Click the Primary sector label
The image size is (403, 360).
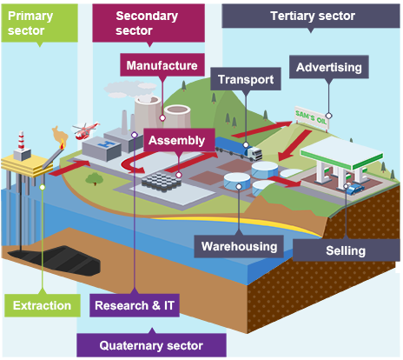(40, 23)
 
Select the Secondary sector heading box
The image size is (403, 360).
(149, 23)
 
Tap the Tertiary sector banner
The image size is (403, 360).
(311, 16)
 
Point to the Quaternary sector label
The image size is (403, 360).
(151, 345)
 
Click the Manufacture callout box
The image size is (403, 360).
(162, 65)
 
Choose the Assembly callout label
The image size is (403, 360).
(179, 140)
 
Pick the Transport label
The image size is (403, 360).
(246, 79)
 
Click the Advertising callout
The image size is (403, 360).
(329, 67)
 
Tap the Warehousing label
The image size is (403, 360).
(239, 246)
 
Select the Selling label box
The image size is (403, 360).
(347, 250)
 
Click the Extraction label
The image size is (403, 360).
(43, 305)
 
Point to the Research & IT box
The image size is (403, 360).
(135, 305)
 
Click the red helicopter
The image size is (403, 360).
(85, 130)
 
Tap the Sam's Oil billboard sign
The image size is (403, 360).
(312, 117)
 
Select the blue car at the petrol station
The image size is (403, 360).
(355, 189)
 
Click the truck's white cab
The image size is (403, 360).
(254, 153)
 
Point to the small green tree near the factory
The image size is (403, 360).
(95, 179)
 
